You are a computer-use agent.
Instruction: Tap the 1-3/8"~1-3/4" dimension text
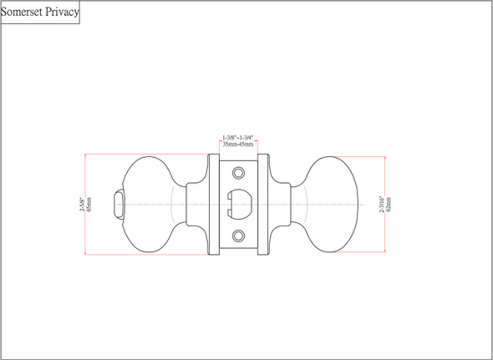[x=238, y=137]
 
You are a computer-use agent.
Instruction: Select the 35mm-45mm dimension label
[x=238, y=145]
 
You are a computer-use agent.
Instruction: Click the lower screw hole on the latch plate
[x=239, y=236]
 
